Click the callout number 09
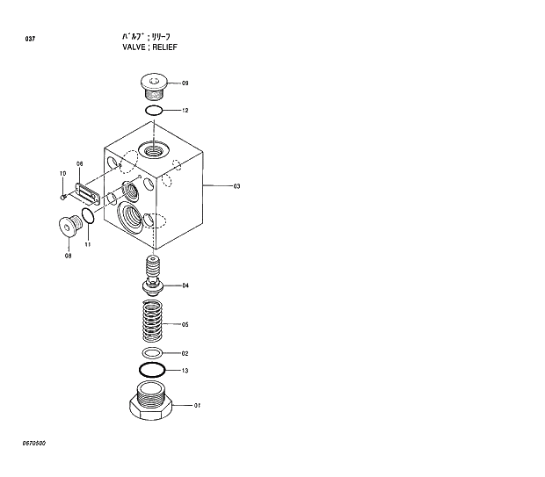tap(185, 83)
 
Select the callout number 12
tap(185, 111)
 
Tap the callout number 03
tap(236, 186)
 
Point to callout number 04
tap(185, 285)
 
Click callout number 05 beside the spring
tap(185, 324)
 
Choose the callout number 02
tap(185, 353)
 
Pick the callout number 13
tap(185, 371)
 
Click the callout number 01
tap(198, 405)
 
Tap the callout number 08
tap(68, 256)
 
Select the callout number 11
tap(88, 244)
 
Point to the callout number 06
tap(79, 164)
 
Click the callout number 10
tap(62, 173)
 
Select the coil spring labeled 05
tap(154, 322)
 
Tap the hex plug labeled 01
tap(152, 403)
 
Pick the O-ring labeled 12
tap(154, 111)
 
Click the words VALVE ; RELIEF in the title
tap(150, 47)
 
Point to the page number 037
tap(31, 40)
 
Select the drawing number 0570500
tap(34, 443)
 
